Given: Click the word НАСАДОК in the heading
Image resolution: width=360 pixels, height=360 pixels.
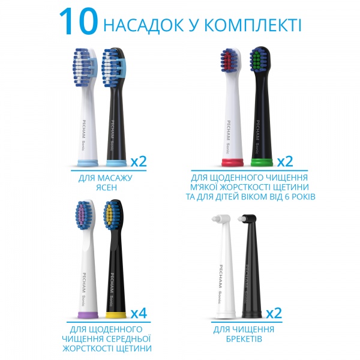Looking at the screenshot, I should click(142, 25).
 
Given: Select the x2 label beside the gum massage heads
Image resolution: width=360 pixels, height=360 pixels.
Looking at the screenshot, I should click(139, 161).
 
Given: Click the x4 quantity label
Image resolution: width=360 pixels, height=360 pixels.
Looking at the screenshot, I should click(139, 312).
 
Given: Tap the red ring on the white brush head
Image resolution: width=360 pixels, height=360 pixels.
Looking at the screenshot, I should click(230, 161).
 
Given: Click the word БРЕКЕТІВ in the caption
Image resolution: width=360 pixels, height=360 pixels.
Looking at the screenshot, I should click(243, 339).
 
